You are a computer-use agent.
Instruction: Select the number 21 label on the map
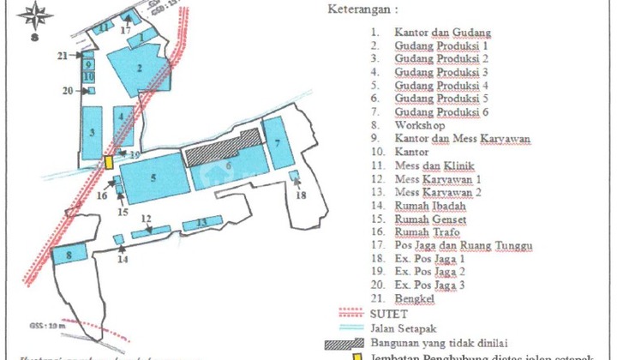click(63, 56)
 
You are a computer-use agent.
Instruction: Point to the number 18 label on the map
click(299, 196)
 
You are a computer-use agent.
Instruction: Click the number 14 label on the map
click(123, 259)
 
